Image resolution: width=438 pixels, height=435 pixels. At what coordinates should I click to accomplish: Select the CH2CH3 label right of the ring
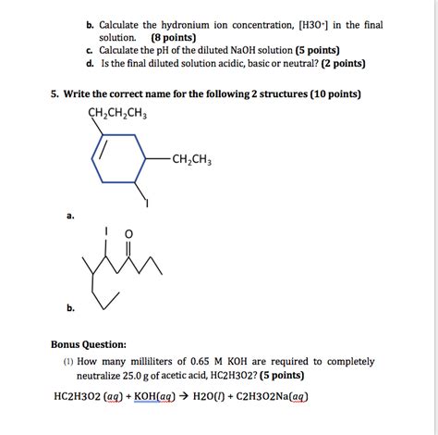point(191,159)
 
